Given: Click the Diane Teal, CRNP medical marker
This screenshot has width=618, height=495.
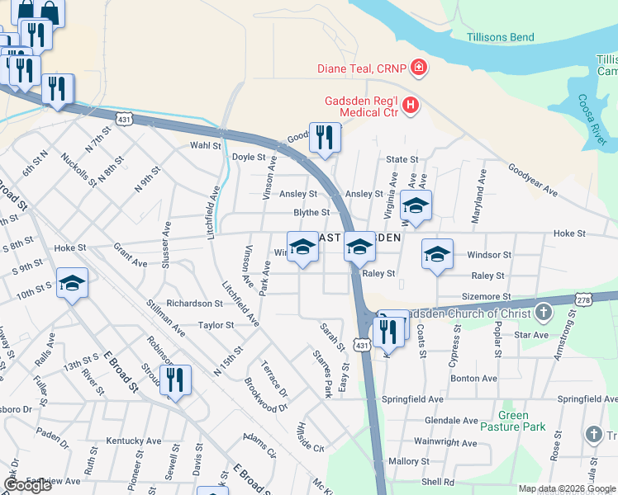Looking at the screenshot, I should (419, 68).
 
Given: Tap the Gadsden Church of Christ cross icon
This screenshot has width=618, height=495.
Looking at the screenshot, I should (543, 313).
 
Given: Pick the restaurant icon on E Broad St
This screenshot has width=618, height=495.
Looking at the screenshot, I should (174, 380).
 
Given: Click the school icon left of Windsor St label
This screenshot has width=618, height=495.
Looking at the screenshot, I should (437, 253).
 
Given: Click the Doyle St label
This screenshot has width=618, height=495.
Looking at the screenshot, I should (248, 157).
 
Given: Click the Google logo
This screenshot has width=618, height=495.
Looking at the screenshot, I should (27, 485).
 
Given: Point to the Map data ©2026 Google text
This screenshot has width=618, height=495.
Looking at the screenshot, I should (566, 488).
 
